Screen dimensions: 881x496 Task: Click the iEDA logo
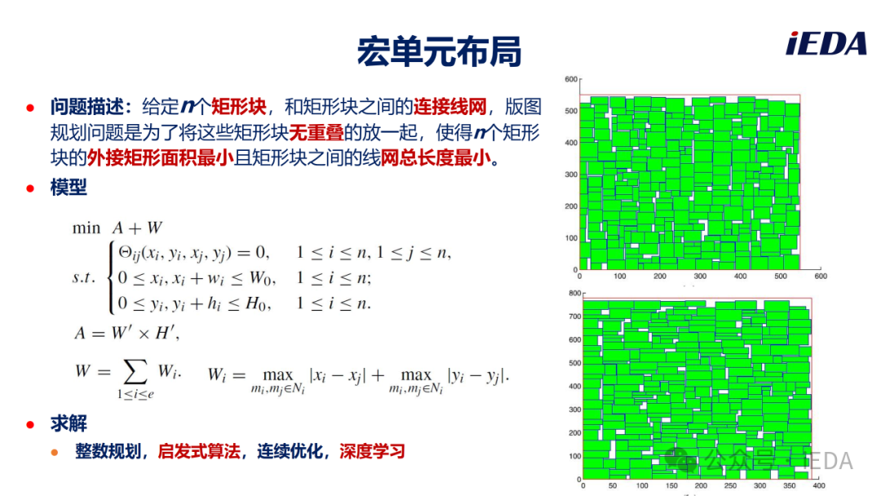click(826, 43)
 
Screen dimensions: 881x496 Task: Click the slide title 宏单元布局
click(440, 51)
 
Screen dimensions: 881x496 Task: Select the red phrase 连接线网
click(450, 106)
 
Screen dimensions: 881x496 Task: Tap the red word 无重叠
click(317, 133)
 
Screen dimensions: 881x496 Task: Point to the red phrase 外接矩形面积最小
click(160, 157)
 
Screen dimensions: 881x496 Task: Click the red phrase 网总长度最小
click(436, 157)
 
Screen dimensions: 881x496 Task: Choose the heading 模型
click(69, 187)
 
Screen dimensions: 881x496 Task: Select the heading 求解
click(69, 423)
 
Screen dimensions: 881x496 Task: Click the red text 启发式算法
click(199, 451)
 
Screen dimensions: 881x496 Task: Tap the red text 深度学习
click(372, 451)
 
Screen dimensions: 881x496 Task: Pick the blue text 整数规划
click(108, 451)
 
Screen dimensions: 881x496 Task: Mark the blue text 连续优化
click(290, 451)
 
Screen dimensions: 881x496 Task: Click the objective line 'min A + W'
click(117, 228)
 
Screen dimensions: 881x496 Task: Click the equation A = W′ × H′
click(127, 333)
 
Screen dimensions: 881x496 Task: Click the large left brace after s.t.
click(111, 277)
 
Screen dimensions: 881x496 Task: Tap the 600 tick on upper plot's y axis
click(571, 79)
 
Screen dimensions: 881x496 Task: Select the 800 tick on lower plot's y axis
click(575, 293)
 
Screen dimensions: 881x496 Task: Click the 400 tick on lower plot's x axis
click(819, 486)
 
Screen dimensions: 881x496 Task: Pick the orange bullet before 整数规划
click(55, 452)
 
